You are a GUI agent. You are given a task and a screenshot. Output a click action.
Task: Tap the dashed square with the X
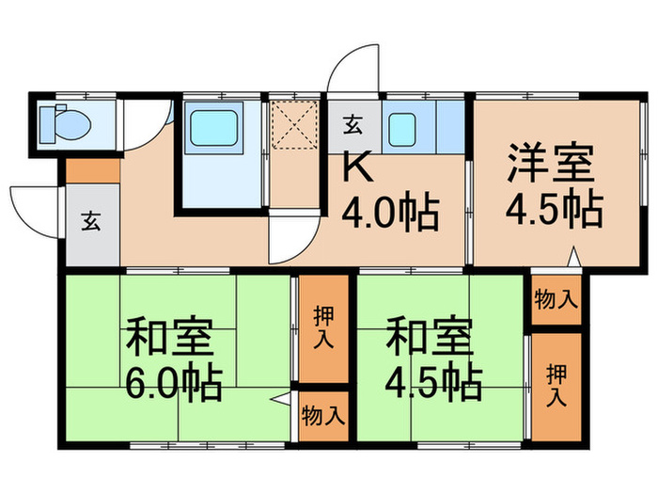pos(297,126)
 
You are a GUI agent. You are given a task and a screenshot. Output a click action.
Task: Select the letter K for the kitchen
pos(357,167)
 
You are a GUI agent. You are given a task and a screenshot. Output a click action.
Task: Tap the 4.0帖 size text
pos(390,214)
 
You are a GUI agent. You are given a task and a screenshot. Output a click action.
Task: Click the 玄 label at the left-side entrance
pos(90,223)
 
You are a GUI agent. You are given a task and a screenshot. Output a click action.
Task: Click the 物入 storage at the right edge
pos(555,300)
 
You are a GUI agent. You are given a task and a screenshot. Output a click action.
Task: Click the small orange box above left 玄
pos(92,171)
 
